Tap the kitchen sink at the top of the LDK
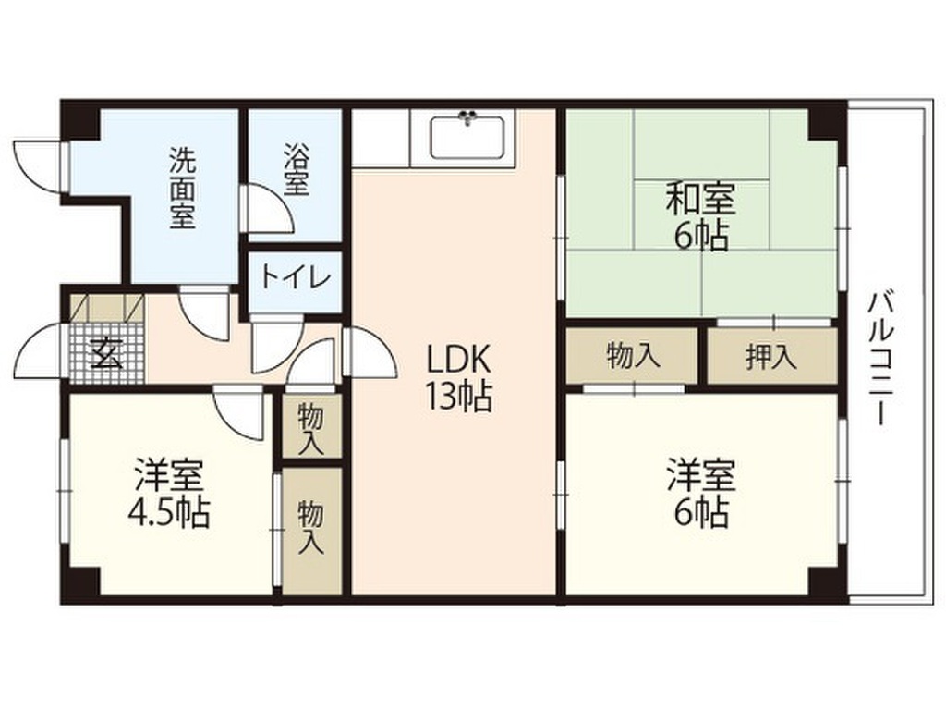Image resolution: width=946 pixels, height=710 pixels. [x=468, y=139]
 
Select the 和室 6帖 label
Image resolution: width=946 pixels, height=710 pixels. [x=702, y=216]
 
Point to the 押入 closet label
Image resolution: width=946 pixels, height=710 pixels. [x=771, y=358]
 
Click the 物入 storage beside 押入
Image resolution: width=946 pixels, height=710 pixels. [x=634, y=356]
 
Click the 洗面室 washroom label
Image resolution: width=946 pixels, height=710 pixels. [x=181, y=189]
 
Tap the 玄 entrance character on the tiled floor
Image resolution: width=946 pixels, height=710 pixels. [x=106, y=354]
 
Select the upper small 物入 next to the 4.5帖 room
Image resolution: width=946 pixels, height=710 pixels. [x=311, y=427]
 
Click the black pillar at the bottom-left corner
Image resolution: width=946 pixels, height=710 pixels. [x=81, y=581]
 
